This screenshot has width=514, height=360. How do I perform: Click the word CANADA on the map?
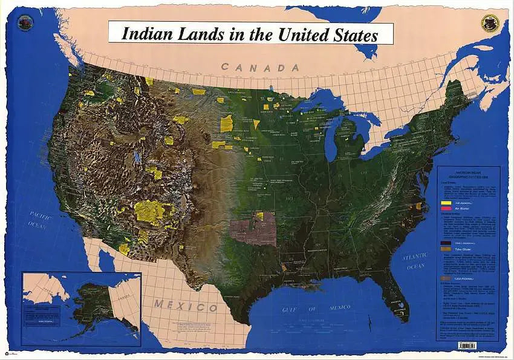tap(260, 67)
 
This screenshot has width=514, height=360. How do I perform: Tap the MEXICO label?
tap(185, 304)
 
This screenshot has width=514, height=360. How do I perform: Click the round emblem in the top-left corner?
tap(25, 23)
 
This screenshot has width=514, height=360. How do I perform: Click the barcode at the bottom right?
tap(467, 345)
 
